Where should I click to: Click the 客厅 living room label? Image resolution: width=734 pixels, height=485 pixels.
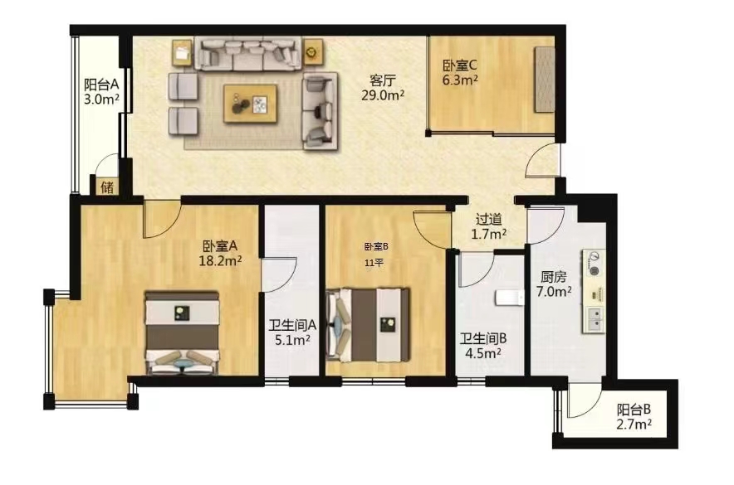tap(383, 80)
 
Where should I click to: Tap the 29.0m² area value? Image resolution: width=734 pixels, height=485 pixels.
tap(383, 95)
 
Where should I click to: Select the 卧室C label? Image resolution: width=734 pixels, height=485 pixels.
tap(460, 65)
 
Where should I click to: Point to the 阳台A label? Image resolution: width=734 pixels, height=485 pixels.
tap(101, 85)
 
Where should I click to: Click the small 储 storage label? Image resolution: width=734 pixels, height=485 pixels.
tap(107, 187)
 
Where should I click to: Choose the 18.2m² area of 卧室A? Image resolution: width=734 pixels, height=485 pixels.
tap(220, 260)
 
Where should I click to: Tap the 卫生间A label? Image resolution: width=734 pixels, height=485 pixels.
tap(292, 325)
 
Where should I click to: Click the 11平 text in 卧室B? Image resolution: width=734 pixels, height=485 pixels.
tap(374, 263)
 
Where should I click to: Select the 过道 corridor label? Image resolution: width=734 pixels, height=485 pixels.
tap(489, 219)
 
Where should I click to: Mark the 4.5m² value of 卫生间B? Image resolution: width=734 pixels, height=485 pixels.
tap(483, 353)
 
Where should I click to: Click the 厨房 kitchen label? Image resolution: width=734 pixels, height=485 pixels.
tap(553, 277)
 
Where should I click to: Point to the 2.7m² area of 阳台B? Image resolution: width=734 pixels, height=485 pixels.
tap(634, 424)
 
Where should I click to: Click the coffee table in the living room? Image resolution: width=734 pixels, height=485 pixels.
tap(251, 104)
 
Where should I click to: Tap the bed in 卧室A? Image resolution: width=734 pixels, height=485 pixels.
tap(182, 333)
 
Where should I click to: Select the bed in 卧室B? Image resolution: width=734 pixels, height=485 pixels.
tap(368, 324)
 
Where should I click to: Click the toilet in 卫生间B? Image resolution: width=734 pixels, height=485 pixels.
tap(509, 297)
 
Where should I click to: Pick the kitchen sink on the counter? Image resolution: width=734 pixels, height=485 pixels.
tap(594, 318)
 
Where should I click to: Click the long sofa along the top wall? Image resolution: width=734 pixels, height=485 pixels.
tap(247, 55)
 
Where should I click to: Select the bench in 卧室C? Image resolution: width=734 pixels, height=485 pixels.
tap(545, 79)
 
